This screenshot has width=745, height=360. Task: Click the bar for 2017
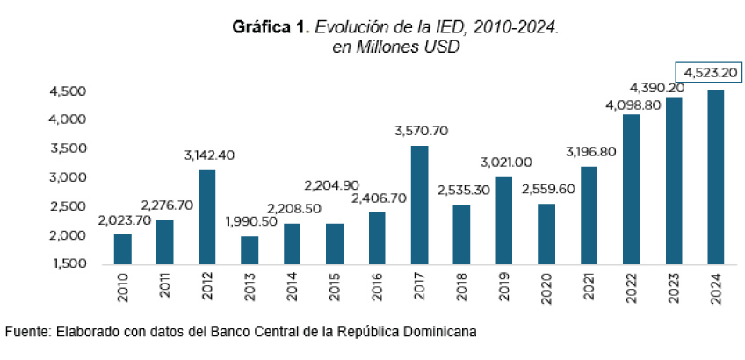pos(420,205)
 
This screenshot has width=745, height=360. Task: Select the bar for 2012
pos(207,217)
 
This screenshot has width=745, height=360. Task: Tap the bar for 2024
pos(716,176)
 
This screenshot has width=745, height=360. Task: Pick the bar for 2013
pos(250,250)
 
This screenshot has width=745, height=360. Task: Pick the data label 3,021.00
pos(506,162)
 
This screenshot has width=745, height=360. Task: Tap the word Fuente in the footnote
pos(26,333)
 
